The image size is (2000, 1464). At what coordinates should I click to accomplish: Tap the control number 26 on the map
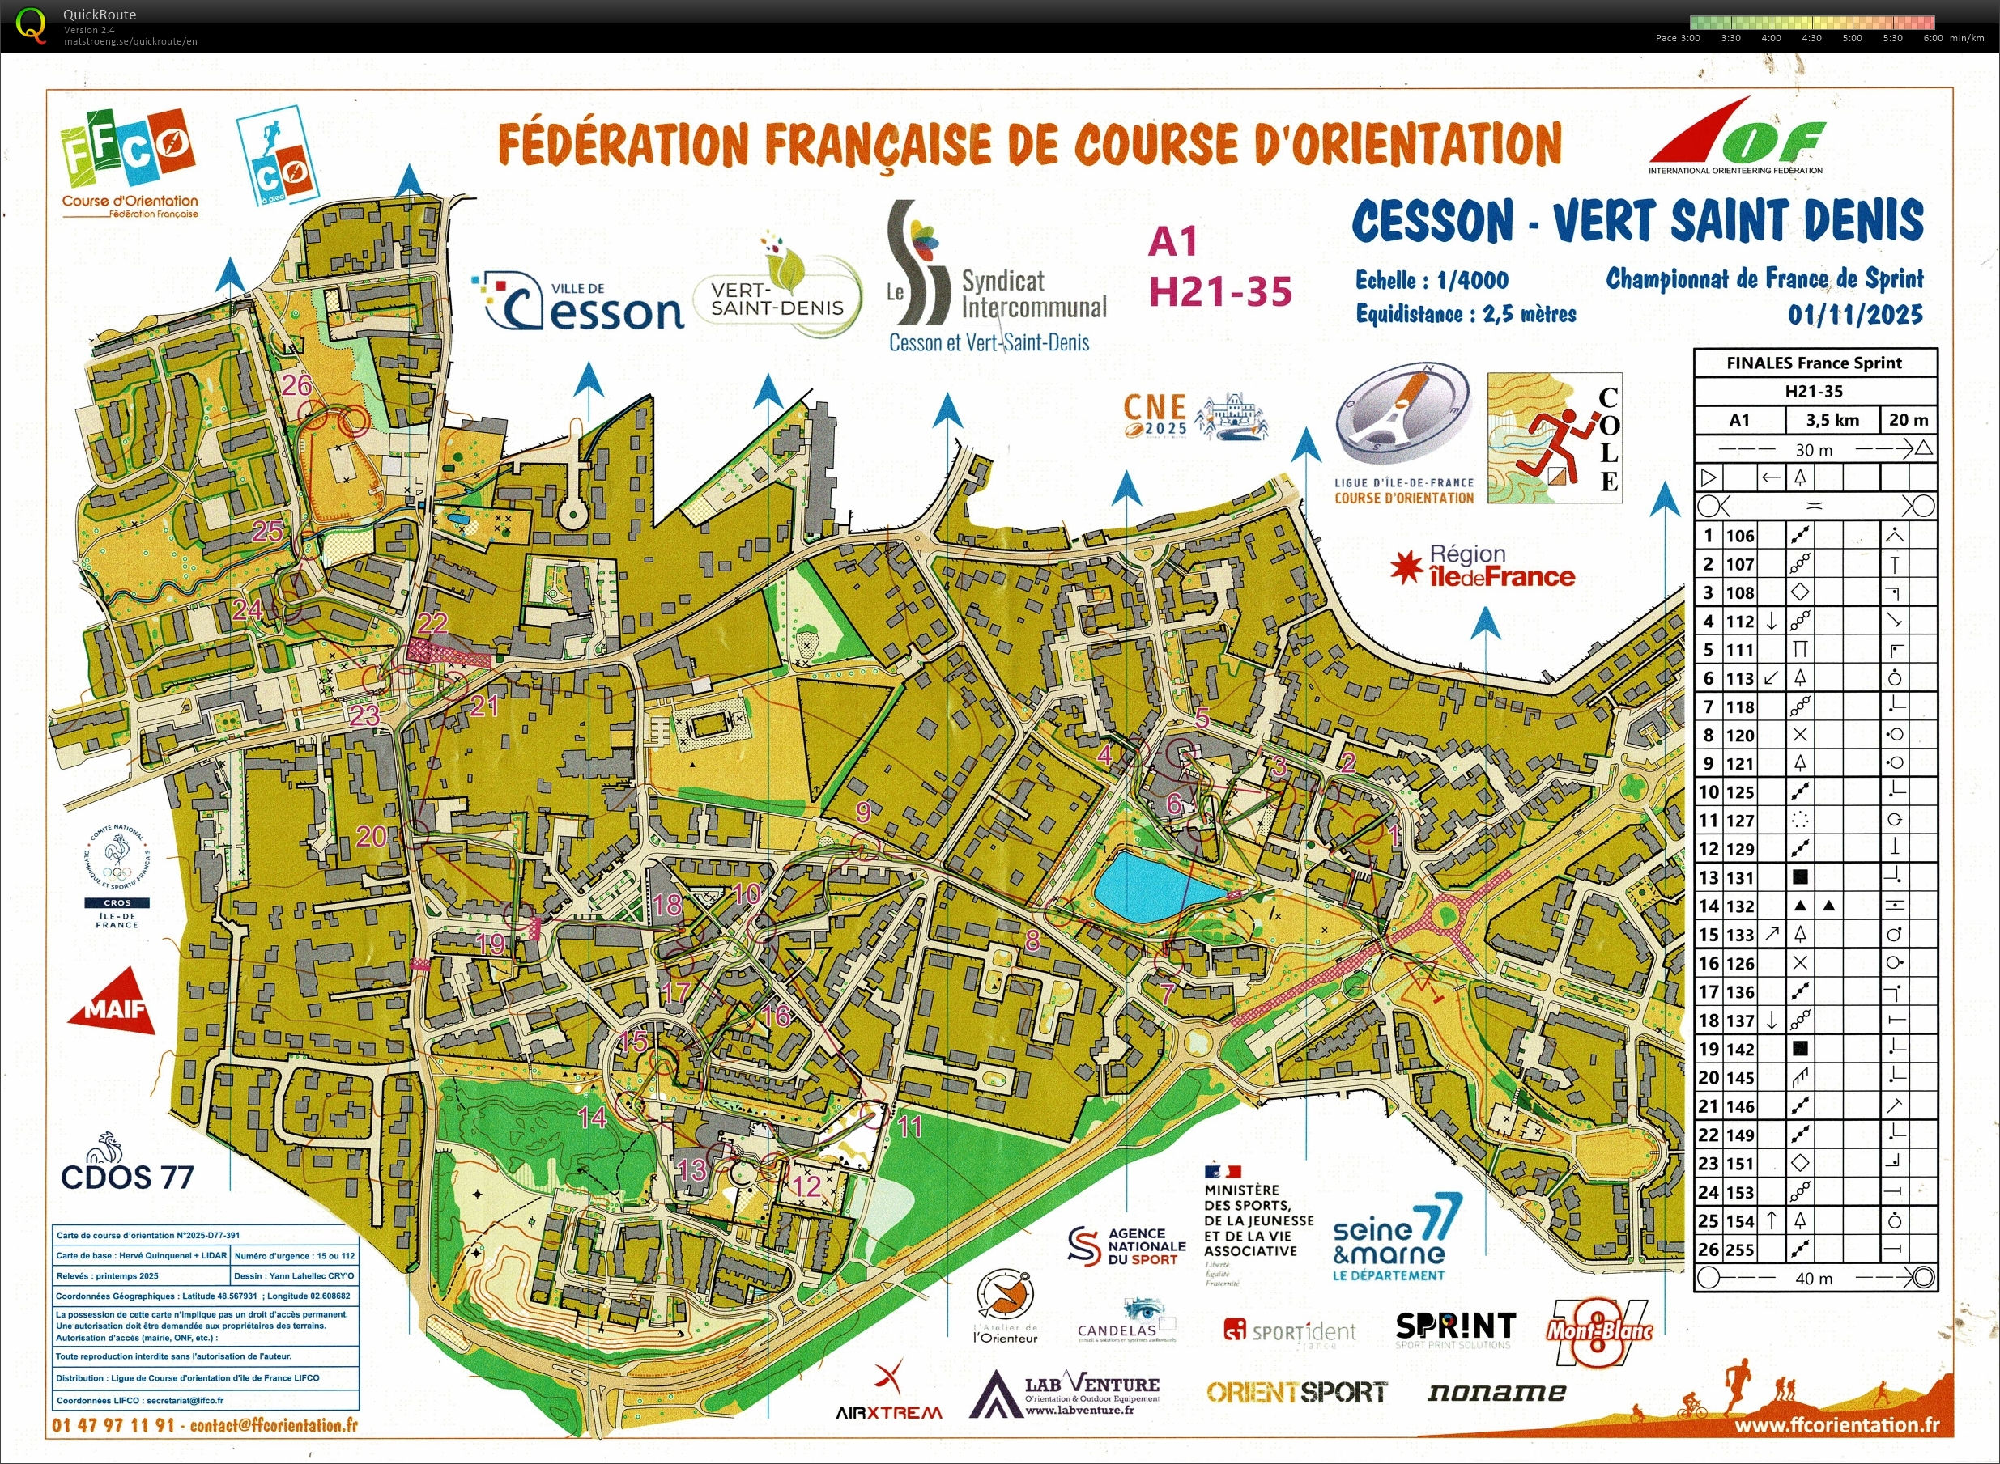297,385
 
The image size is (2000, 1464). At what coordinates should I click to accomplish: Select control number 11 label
910,1127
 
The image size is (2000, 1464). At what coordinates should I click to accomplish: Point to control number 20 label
372,837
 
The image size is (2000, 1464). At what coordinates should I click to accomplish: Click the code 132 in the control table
1739,906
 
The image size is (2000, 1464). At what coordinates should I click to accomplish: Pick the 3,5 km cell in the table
1832,420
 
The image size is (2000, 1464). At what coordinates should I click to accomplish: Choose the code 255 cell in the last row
1739,1250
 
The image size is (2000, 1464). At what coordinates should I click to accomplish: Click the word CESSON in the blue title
1432,222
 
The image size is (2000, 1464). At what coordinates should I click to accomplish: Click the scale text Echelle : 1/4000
1432,281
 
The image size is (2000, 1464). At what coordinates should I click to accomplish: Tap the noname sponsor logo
1496,1392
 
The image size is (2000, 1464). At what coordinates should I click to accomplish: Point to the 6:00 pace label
1933,38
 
